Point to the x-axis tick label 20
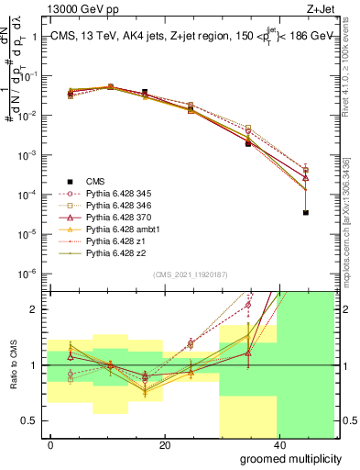tap(164, 444)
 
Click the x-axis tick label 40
tap(278, 444)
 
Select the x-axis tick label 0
tap(50, 444)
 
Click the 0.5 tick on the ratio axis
tap(30, 420)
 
